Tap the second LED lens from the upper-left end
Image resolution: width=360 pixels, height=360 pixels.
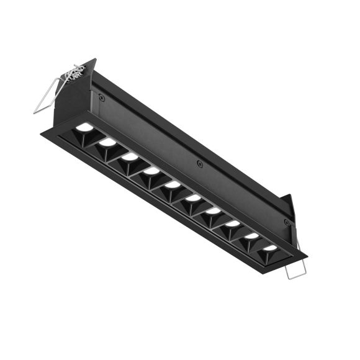coord(108,142)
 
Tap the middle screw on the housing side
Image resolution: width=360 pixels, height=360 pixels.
coord(199,164)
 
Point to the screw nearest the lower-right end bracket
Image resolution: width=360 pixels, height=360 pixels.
coord(286,222)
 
